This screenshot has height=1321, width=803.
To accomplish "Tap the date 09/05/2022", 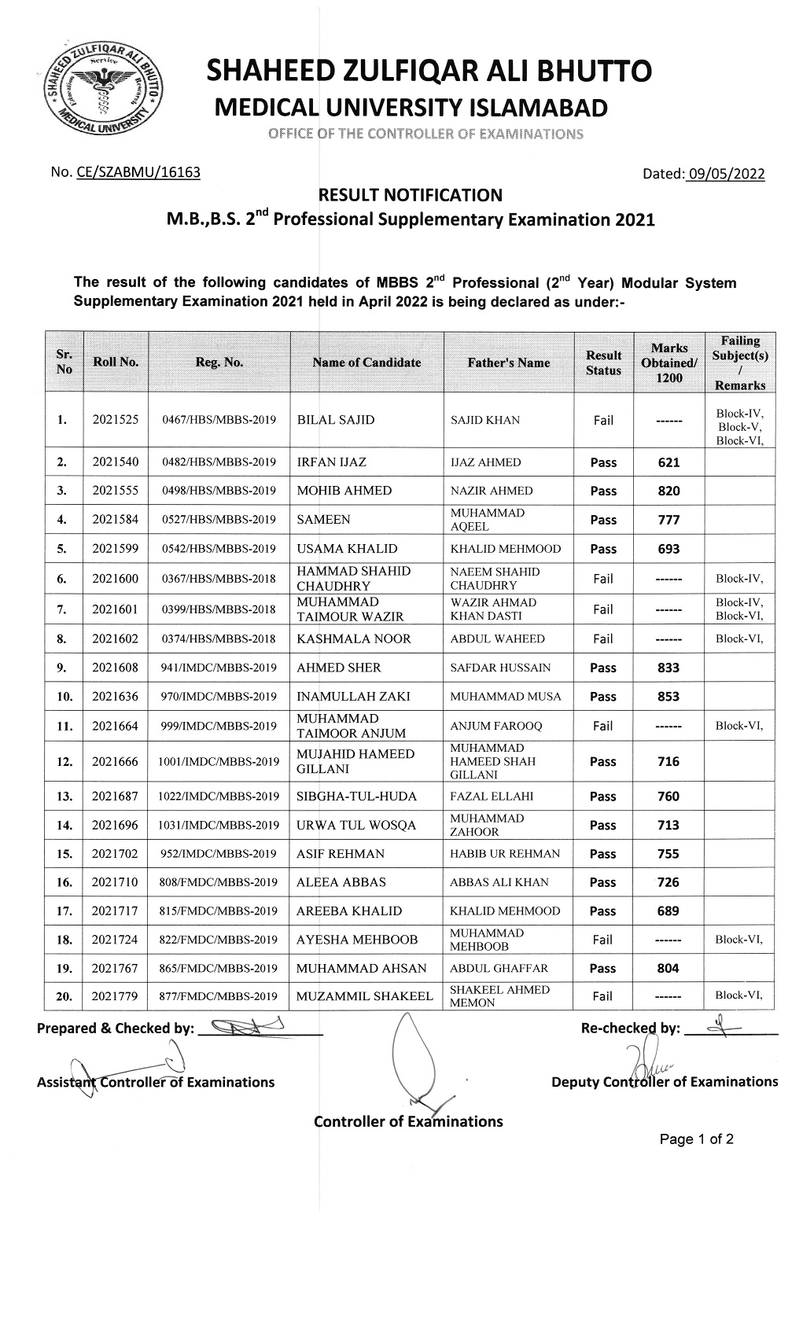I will coord(725,174).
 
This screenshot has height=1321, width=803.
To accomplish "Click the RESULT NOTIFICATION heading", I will coord(408,195).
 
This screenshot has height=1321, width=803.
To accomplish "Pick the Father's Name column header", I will coord(509,362).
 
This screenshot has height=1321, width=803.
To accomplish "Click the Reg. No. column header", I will coord(219,362).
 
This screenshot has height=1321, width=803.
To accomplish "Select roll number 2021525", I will coord(115,420).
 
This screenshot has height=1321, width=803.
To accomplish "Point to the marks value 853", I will coord(668,697).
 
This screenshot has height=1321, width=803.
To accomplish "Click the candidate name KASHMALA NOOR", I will coord(353,638).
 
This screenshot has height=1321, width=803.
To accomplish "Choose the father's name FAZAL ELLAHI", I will coord(492,796).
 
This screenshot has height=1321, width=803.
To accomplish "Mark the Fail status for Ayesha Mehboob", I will coord(602,940).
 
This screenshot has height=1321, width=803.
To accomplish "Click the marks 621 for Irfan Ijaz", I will coord(668,462).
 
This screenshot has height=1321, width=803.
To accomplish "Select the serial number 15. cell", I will coord(64,854).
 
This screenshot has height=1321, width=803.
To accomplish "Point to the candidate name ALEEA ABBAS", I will coord(341,882).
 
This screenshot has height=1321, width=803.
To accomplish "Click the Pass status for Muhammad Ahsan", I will coord(602,969).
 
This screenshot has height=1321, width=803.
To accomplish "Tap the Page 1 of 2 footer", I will coord(697,1139).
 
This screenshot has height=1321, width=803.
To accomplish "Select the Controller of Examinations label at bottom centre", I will coord(408,1121).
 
